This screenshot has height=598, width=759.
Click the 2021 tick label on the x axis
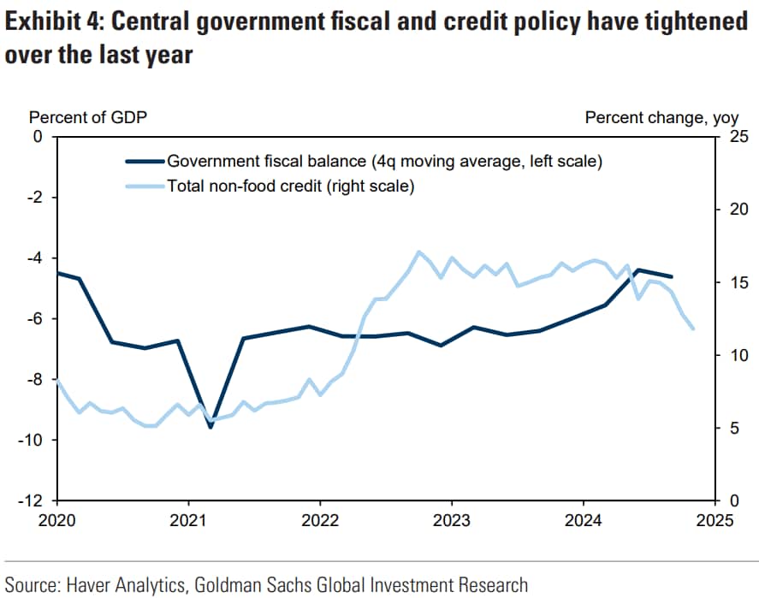click(x=187, y=520)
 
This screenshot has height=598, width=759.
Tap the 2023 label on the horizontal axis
click(x=451, y=520)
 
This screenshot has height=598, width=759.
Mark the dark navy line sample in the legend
click(x=144, y=161)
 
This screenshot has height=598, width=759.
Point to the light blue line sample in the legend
click(x=144, y=186)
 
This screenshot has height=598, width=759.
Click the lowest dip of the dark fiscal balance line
click(x=211, y=427)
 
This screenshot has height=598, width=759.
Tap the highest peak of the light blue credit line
click(x=418, y=252)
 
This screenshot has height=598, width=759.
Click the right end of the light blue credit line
click(x=693, y=329)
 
